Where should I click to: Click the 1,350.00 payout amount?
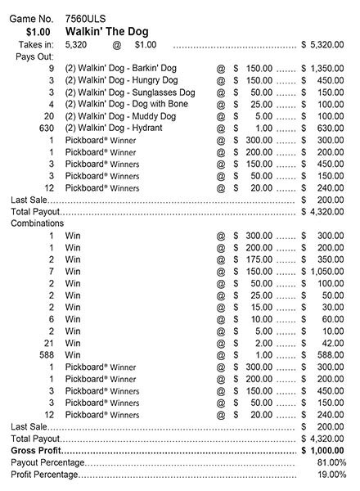pyautogui.click(x=328, y=70)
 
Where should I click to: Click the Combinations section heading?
pyautogui.click(x=38, y=223)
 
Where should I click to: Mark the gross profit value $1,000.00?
pyautogui.click(x=326, y=450)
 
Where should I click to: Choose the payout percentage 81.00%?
pyautogui.click(x=331, y=462)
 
